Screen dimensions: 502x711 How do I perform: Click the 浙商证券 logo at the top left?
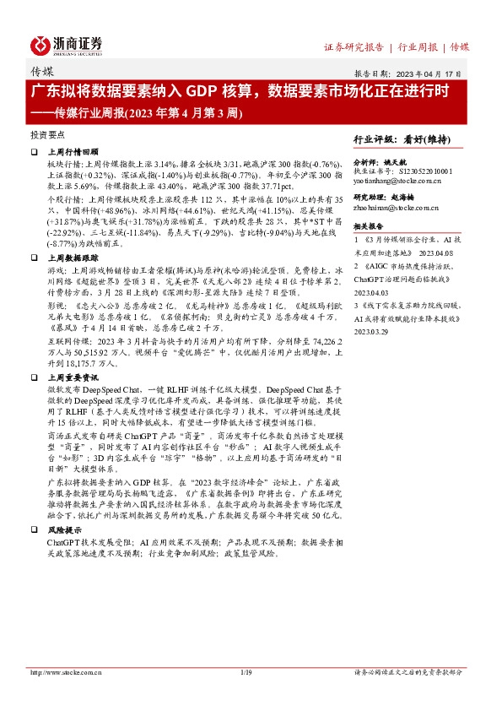[67, 45]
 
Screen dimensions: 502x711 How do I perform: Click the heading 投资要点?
[48, 134]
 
